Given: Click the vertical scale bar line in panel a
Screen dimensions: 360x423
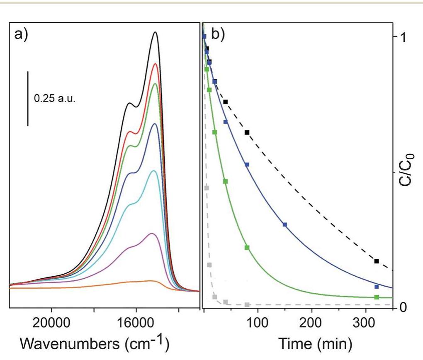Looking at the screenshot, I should (x=28, y=98).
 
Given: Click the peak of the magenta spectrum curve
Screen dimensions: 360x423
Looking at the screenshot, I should (x=152, y=234).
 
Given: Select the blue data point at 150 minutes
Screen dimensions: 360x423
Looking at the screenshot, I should (x=285, y=225).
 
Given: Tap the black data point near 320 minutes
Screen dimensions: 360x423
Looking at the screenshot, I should (x=377, y=261).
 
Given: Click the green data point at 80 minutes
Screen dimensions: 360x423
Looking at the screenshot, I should (x=247, y=248).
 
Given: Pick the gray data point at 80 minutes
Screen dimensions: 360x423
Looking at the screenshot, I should (x=247, y=305).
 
